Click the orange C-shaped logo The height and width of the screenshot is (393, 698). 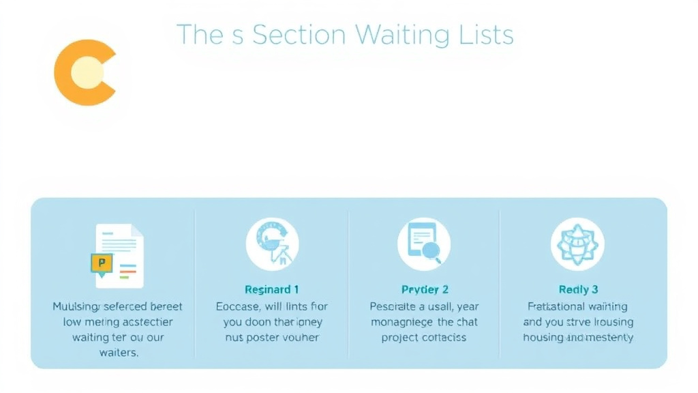coord(83,73)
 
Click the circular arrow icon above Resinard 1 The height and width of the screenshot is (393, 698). coord(272,244)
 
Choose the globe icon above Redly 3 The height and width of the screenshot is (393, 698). coord(577,244)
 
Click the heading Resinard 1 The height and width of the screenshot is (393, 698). coord(272,289)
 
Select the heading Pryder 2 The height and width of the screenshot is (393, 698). coord(425,289)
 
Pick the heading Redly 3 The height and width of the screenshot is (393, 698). coord(578,289)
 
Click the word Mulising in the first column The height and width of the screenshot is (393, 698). coord(76,307)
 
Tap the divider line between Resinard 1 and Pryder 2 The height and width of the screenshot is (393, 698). coord(348,283)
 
